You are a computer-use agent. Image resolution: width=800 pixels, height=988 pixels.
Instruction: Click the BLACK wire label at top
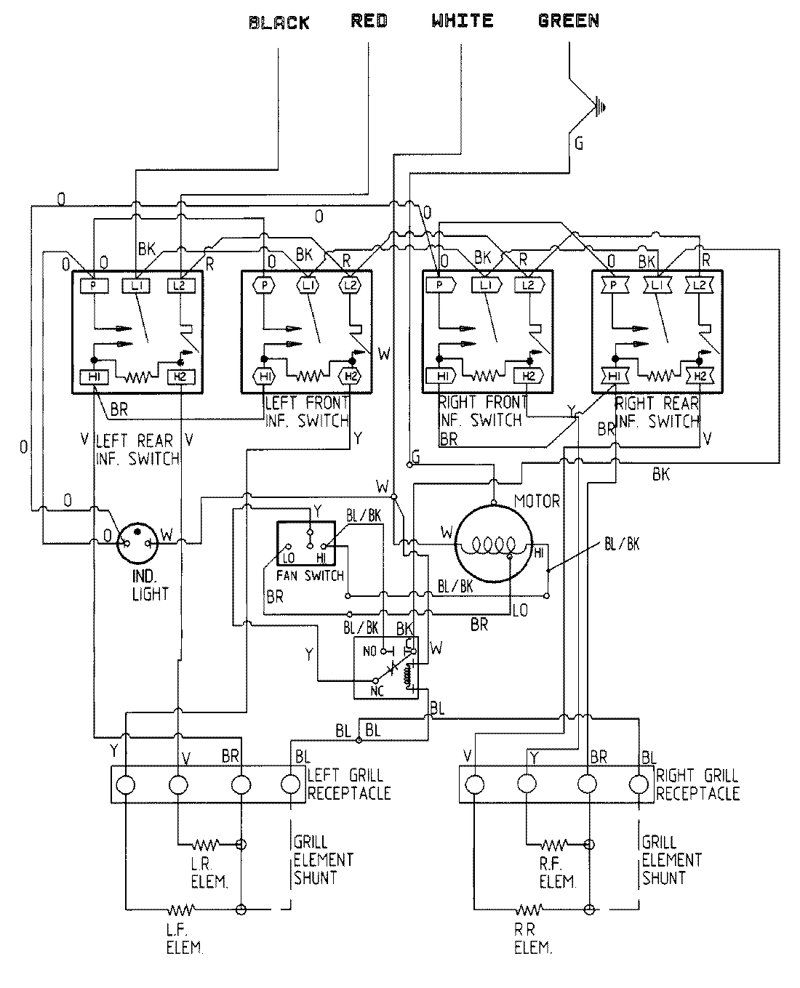[x=279, y=23]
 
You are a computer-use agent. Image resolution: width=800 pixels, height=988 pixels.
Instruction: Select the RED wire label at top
[x=369, y=21]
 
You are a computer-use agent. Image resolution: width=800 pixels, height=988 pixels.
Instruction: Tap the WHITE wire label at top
[x=462, y=21]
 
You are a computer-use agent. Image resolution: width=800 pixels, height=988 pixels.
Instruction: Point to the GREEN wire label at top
[x=569, y=21]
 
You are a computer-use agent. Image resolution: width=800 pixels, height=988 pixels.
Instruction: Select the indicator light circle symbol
[x=137, y=541]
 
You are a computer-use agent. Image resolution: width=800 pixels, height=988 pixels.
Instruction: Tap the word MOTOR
[x=537, y=502]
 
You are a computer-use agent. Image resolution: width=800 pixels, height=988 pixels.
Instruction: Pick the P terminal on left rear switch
[x=93, y=285]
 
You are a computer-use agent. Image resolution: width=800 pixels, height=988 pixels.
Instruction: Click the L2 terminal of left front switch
[x=351, y=285]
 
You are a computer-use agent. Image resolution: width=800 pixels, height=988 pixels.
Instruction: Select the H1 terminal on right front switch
[x=443, y=376]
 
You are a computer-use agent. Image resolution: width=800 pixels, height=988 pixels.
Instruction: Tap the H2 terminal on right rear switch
[x=700, y=376]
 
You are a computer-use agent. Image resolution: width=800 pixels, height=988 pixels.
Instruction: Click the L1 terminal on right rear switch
[x=657, y=285]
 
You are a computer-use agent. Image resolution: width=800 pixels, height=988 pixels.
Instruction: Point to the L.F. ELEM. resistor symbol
[x=180, y=909]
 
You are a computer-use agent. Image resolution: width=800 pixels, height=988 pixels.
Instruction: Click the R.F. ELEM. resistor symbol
[x=554, y=845]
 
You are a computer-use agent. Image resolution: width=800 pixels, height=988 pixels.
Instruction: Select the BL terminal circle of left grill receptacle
[x=289, y=784]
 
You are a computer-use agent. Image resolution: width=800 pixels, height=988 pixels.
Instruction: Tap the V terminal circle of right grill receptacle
[x=474, y=784]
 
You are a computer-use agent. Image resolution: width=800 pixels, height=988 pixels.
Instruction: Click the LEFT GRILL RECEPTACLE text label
[x=348, y=784]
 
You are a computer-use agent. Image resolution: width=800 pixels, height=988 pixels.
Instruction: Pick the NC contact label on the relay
[x=377, y=691]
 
